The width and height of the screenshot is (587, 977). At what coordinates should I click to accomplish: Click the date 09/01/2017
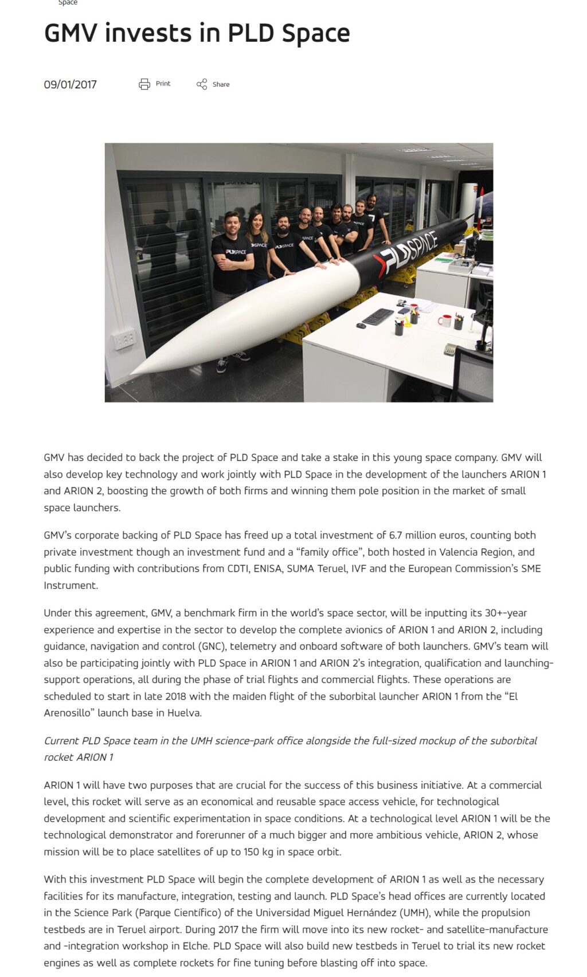(70, 85)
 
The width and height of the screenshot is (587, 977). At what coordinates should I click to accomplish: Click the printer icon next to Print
(144, 84)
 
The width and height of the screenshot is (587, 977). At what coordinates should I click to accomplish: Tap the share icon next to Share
(202, 84)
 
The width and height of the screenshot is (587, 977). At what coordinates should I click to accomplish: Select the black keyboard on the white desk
(378, 316)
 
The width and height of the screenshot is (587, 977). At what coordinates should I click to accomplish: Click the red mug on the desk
(445, 320)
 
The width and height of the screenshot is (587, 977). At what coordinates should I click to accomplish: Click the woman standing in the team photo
(257, 247)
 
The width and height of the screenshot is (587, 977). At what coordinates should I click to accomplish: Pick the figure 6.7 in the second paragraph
(396, 535)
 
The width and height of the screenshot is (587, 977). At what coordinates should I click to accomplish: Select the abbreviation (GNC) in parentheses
(211, 646)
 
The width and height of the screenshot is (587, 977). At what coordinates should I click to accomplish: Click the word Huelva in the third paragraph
(185, 713)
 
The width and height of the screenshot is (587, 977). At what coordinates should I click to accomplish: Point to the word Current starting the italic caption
(61, 740)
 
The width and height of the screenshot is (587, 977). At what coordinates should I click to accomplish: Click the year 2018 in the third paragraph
(175, 696)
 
